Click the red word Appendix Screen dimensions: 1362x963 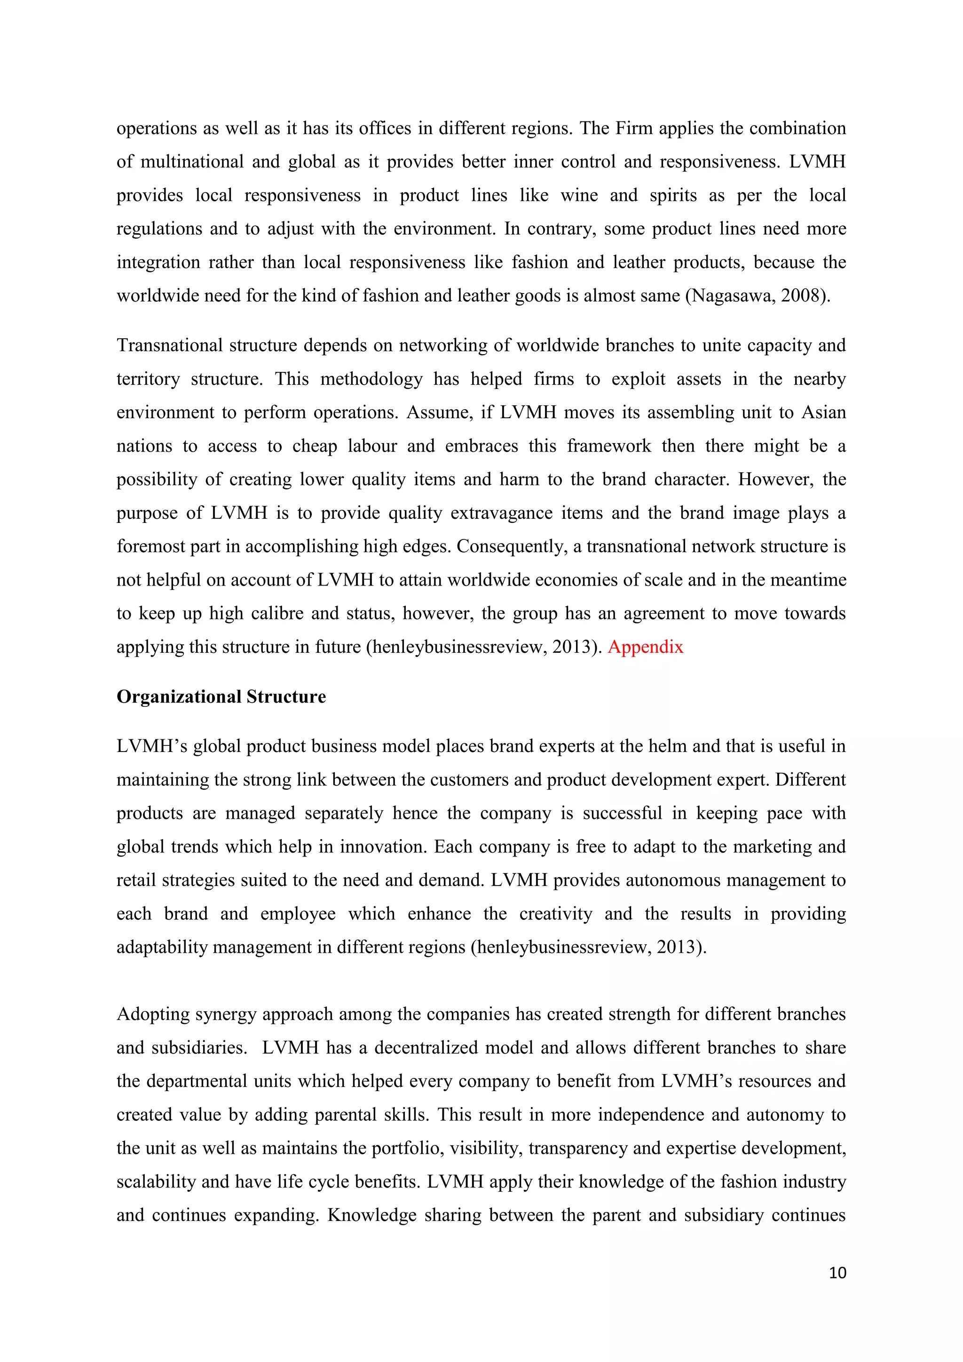click(x=645, y=647)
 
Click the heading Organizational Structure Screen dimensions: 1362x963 click(x=221, y=697)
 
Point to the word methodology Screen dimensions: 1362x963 click(x=371, y=379)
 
